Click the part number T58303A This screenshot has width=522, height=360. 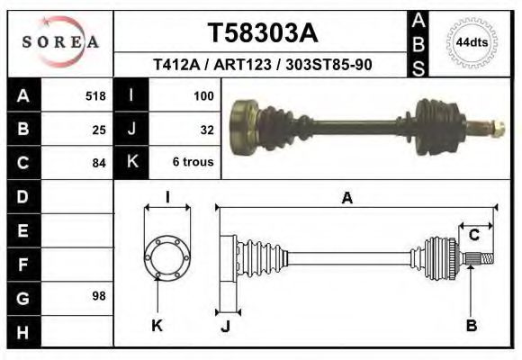click(x=262, y=32)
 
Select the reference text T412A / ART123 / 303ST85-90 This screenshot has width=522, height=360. click(x=263, y=65)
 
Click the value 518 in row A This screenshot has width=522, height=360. click(x=95, y=94)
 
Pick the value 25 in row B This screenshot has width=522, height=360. click(x=99, y=129)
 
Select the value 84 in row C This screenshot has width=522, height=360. click(x=99, y=163)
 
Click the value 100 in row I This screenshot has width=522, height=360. click(x=202, y=94)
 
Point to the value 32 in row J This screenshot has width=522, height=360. click(x=206, y=129)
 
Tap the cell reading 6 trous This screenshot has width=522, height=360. click(x=193, y=163)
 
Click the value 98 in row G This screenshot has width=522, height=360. click(x=99, y=296)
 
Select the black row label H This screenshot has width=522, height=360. click(x=22, y=331)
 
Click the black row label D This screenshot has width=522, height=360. click(x=22, y=195)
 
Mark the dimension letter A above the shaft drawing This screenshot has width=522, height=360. click(x=346, y=198)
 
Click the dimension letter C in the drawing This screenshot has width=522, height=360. click(x=473, y=236)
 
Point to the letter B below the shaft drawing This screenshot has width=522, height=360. click(x=471, y=325)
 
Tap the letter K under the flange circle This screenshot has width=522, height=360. click(x=157, y=325)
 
